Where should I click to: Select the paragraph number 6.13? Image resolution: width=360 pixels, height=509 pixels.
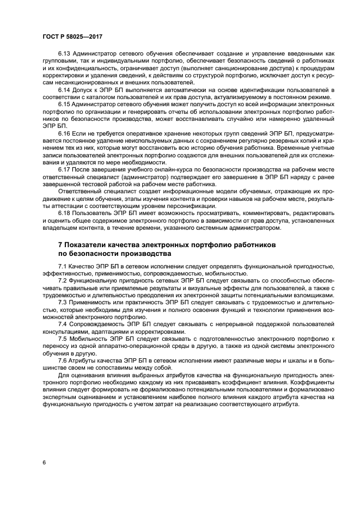pyautogui.click(x=65, y=54)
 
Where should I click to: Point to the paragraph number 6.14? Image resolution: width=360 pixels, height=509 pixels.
pyautogui.click(x=65, y=89)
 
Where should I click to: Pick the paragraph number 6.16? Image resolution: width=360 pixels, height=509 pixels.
pyautogui.click(x=65, y=132)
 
